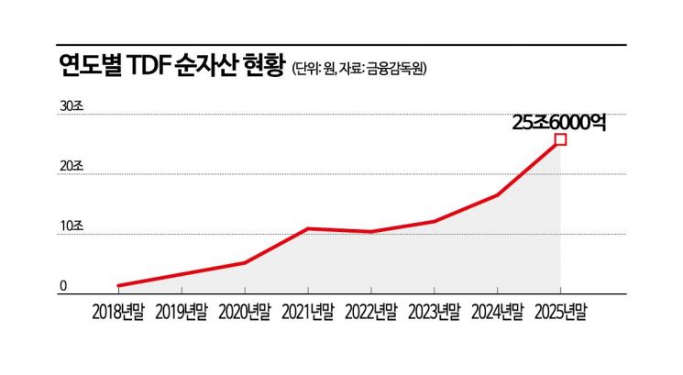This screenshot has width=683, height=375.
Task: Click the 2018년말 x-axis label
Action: pyautogui.click(x=118, y=312)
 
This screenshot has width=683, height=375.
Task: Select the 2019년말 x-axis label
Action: pyautogui.click(x=182, y=312)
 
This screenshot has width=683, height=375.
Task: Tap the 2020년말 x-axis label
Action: pyautogui.click(x=245, y=312)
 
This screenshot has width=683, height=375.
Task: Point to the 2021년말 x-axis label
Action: pyautogui.click(x=308, y=312)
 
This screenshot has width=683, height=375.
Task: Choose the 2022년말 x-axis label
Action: pyautogui.click(x=371, y=312)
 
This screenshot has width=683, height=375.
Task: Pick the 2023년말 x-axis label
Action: pyautogui.click(x=435, y=312)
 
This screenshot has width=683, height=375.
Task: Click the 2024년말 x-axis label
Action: pyautogui.click(x=498, y=312)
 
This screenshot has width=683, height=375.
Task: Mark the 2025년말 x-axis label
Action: pyautogui.click(x=560, y=312)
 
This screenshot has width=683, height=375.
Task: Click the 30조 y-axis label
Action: pyautogui.click(x=72, y=106)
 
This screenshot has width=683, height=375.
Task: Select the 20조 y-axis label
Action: pyautogui.click(x=72, y=167)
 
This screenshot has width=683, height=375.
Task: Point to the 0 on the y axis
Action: pyautogui.click(x=64, y=286)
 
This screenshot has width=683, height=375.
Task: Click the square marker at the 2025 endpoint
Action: pyautogui.click(x=560, y=139)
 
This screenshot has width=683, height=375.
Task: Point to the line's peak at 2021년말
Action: pyautogui.click(x=308, y=228)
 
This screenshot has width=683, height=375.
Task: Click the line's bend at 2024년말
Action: pyautogui.click(x=498, y=195)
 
